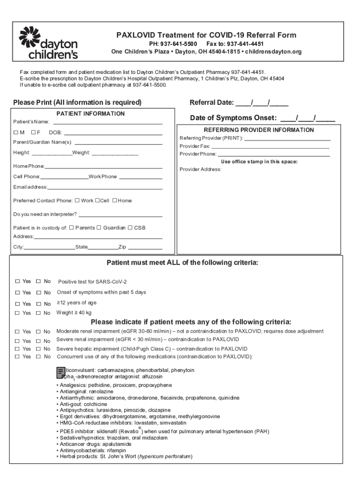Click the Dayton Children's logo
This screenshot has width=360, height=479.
pyautogui.click(x=48, y=43)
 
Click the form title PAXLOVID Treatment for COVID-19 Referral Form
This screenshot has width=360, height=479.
pyautogui.click(x=206, y=36)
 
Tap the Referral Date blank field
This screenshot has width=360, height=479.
pyautogui.click(x=261, y=103)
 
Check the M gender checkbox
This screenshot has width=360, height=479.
pyautogui.click(x=16, y=132)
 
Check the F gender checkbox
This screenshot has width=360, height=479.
pyautogui.click(x=33, y=132)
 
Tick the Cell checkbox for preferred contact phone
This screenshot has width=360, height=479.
pyautogui.click(x=97, y=201)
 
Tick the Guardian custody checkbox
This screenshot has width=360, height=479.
pyautogui.click(x=99, y=228)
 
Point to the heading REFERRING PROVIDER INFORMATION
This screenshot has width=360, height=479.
pyautogui.click(x=259, y=130)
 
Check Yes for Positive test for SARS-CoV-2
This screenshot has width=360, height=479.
pyautogui.click(x=17, y=282)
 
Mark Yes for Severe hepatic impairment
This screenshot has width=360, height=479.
pyautogui.click(x=17, y=349)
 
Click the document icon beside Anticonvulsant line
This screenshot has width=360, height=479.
pyautogui.click(x=60, y=372)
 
